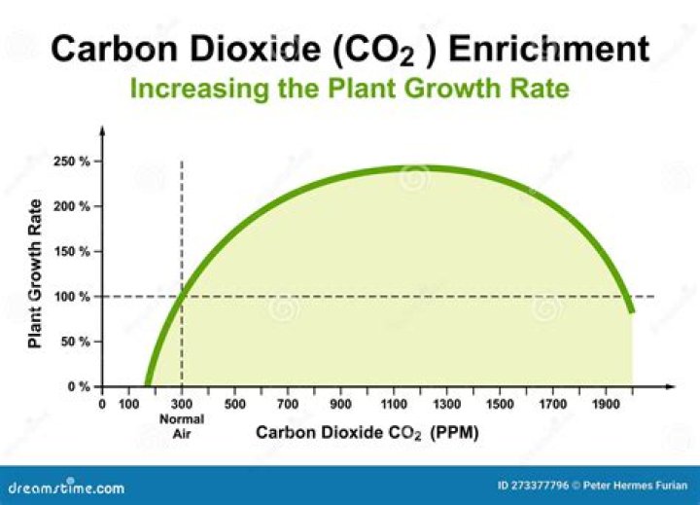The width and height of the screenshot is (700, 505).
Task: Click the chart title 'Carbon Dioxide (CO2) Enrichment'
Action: point(349,49)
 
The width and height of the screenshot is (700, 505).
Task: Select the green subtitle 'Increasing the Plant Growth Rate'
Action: point(349,89)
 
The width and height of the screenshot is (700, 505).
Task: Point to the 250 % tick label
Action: point(72,162)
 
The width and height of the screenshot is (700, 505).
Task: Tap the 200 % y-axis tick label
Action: point(72,206)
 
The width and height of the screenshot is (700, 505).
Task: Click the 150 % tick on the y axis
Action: point(72,251)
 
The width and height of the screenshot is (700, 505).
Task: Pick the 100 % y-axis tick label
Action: point(72,297)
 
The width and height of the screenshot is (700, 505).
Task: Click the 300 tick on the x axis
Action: point(182,404)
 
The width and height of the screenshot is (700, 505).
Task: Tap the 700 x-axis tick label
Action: point(287,404)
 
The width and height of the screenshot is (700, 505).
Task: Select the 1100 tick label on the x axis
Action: point(393,404)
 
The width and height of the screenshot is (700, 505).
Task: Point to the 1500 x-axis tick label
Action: point(499,404)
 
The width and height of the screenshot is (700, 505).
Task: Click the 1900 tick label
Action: point(605,404)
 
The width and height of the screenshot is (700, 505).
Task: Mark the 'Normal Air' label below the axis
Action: point(182,426)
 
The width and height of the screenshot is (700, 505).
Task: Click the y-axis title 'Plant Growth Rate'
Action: point(35,273)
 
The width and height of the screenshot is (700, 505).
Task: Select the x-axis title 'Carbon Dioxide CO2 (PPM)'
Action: point(367,431)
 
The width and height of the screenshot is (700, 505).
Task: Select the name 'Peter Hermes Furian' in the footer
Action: point(636,486)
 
